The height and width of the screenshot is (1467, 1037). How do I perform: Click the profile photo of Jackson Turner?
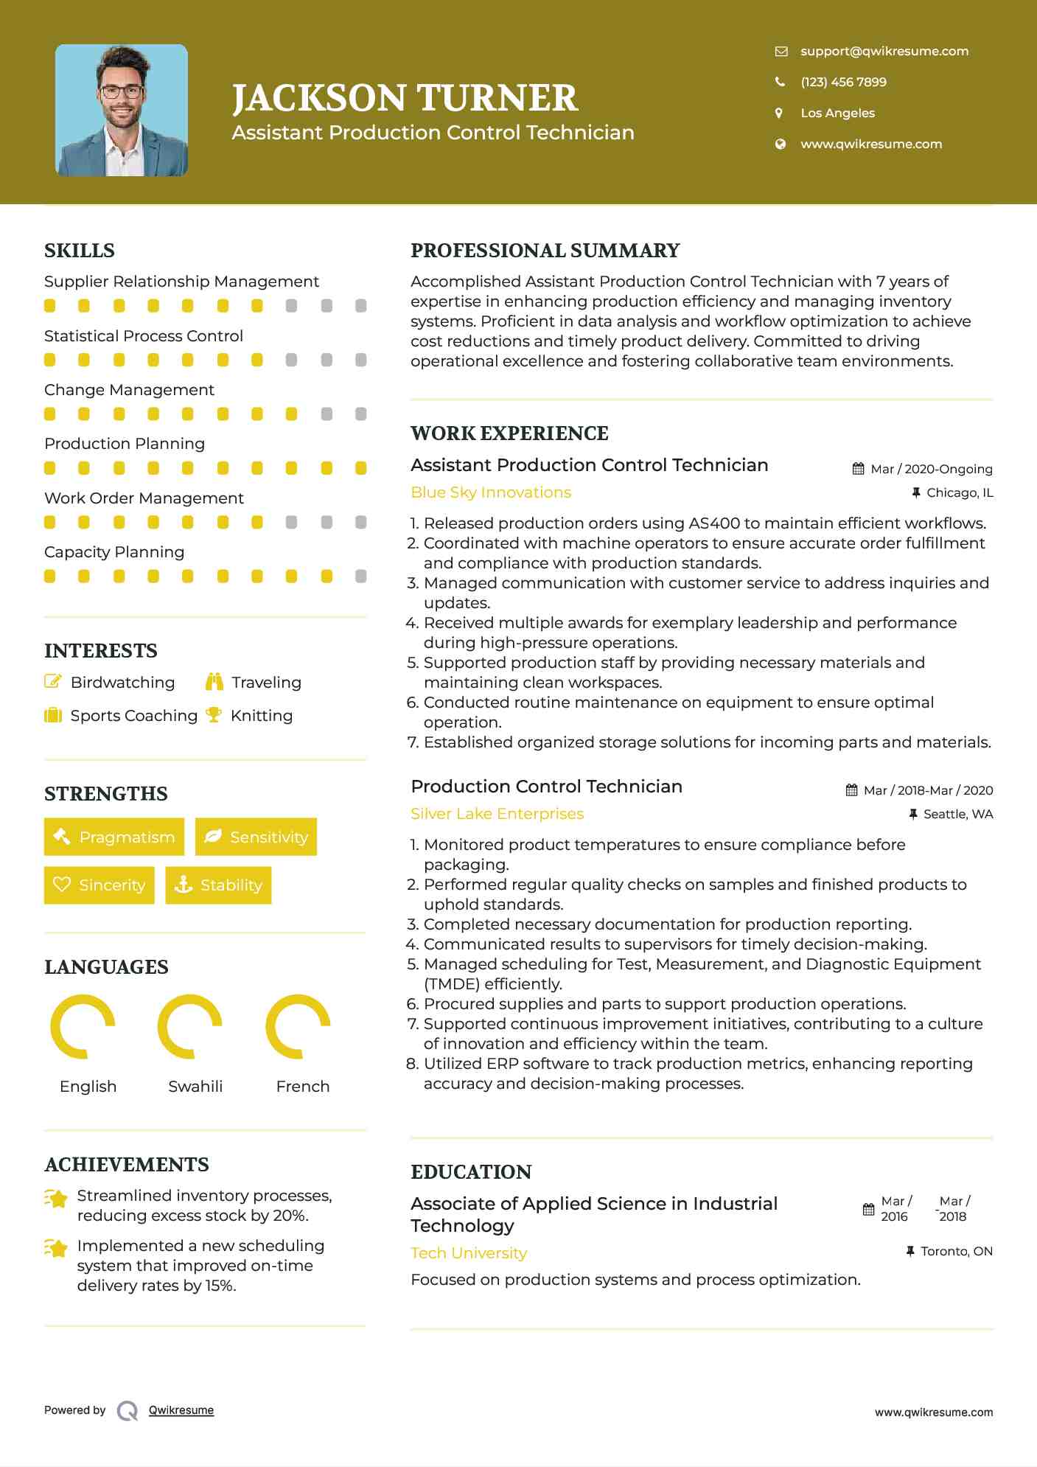(x=122, y=111)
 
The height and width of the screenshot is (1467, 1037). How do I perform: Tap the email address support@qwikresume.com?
(x=884, y=51)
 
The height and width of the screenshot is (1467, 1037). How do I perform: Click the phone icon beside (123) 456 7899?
(x=780, y=82)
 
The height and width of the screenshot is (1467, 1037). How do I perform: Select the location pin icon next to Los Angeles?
(x=779, y=113)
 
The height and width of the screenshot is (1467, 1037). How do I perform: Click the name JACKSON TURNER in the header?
(x=405, y=98)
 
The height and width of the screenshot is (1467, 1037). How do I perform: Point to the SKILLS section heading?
(x=80, y=251)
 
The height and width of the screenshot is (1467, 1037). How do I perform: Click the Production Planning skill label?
(x=125, y=444)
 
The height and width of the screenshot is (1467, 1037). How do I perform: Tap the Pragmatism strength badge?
(x=114, y=837)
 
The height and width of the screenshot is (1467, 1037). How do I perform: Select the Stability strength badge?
(x=218, y=885)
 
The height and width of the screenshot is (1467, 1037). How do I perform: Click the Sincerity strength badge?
(x=99, y=885)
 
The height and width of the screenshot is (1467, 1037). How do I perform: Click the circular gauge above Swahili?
(x=190, y=1026)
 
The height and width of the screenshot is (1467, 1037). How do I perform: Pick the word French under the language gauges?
(x=302, y=1087)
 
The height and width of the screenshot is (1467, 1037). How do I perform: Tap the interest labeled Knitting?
(x=262, y=716)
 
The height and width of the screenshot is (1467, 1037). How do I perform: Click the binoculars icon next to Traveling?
(x=214, y=682)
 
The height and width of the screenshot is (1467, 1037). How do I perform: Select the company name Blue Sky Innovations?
(x=491, y=492)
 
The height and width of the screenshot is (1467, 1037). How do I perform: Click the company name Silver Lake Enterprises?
(x=497, y=814)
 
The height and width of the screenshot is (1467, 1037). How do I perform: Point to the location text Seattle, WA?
(x=957, y=814)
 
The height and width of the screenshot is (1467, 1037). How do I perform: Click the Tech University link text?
(x=469, y=1253)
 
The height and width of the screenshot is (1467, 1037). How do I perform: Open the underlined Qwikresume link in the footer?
(x=181, y=1410)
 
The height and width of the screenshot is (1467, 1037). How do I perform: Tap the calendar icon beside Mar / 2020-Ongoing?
(x=858, y=469)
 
